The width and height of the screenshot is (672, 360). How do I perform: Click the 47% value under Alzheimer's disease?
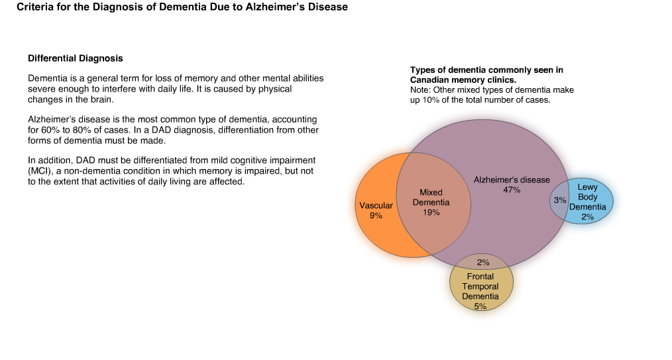point(512,190)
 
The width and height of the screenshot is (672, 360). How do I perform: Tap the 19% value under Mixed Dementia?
point(431,213)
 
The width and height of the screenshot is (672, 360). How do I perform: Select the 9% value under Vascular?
point(376,215)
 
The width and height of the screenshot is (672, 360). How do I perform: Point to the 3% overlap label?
point(560,200)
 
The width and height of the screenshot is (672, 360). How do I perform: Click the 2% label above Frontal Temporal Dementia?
point(483,263)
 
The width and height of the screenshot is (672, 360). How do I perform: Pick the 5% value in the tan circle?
point(480,306)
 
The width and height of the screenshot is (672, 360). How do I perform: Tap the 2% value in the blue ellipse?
point(588,217)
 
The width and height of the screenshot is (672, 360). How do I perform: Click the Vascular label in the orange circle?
point(376,206)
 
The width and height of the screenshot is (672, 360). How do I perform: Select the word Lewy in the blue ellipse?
point(587,187)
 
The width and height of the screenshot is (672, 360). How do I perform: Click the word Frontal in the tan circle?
point(480,276)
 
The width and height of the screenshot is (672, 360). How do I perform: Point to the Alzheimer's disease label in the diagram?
point(512,180)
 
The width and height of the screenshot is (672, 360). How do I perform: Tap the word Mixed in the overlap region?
point(431,192)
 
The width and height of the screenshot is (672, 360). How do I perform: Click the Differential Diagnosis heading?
point(76,58)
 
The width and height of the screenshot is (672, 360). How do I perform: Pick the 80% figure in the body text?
point(82,130)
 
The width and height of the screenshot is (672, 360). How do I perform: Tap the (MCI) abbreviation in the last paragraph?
point(39,171)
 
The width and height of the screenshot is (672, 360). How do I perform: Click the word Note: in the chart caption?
point(420,90)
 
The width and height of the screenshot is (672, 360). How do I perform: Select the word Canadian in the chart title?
point(429,80)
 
